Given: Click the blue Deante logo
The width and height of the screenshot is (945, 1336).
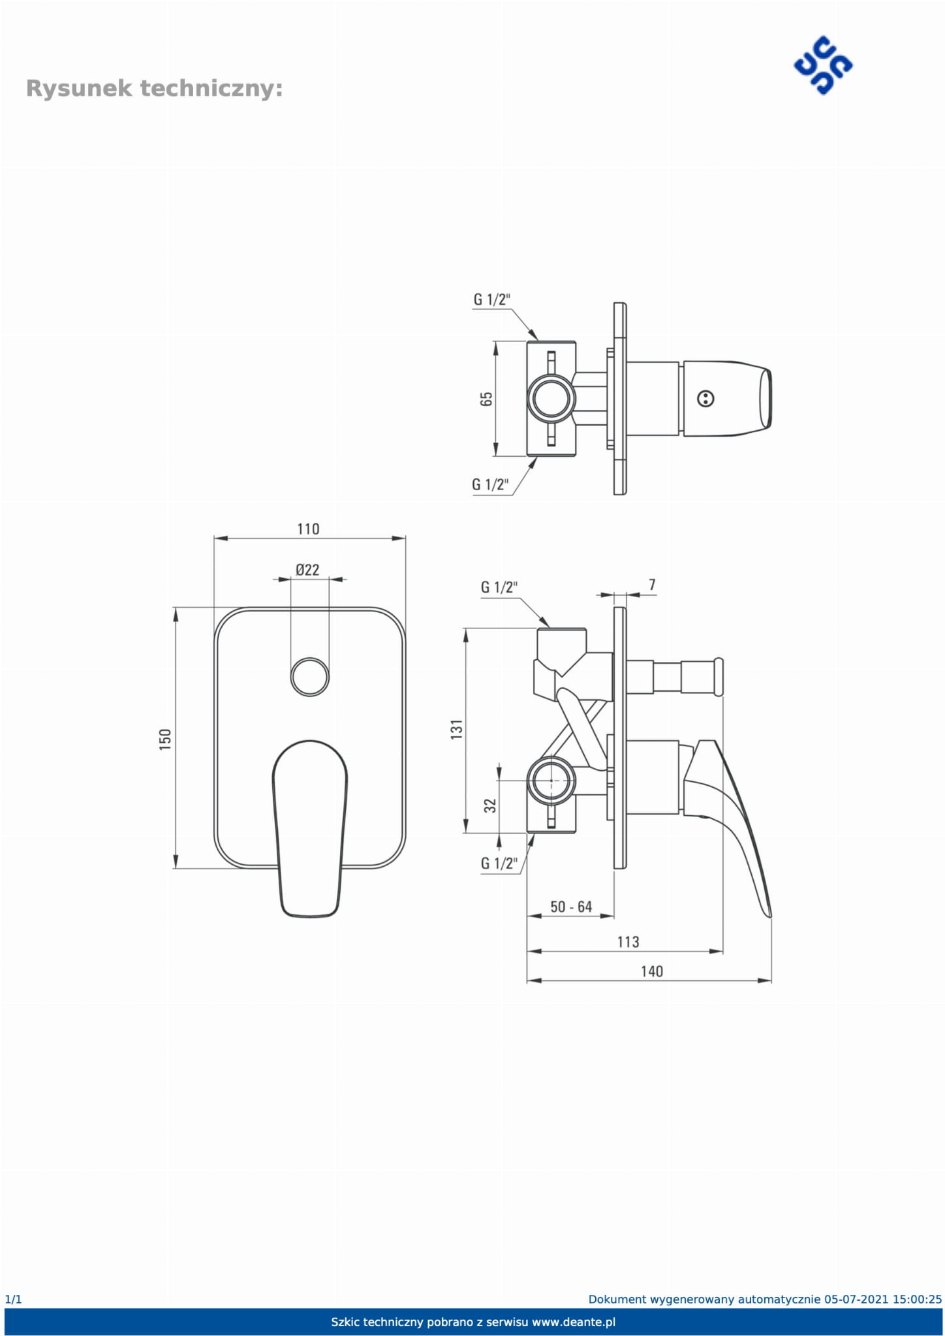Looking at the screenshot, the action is pos(823,66).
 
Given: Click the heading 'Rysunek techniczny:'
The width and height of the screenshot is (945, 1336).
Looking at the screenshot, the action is pos(154,88).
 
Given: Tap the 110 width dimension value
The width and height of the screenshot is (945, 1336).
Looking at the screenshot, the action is pos(308,529).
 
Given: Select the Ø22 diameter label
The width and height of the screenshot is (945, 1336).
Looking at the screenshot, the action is pos(307,570).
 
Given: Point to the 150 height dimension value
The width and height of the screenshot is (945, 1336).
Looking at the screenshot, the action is pos(165,739).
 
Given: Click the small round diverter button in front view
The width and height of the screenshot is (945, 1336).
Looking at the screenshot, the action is pos(309,677).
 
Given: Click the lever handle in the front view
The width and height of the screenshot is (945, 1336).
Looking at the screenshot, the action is pos(309,829).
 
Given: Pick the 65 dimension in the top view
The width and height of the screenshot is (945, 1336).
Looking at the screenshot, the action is pos(486,399).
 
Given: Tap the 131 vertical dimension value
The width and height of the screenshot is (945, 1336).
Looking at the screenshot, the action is pos(456,729).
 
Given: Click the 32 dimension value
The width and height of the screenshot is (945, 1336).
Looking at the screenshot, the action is pos(490,805).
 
